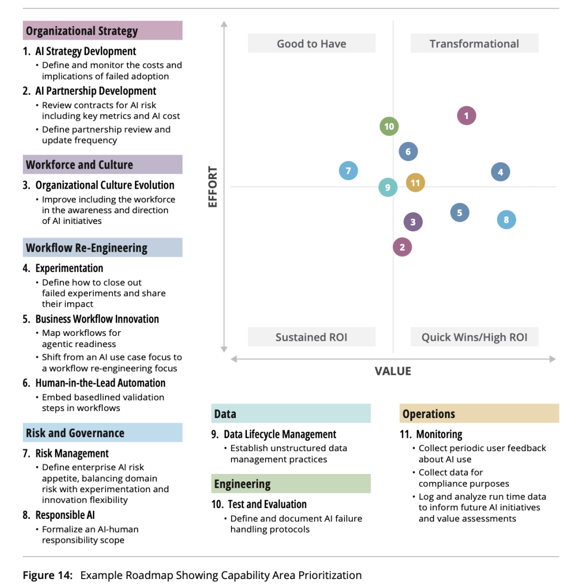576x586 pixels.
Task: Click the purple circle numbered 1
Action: pos(466,116)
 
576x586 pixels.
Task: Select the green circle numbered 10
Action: pos(389,126)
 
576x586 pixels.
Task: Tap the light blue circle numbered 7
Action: pos(348,171)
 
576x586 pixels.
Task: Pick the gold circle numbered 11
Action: pos(415,183)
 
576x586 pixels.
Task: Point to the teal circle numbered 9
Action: pos(388,187)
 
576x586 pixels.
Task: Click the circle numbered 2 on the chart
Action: pos(402,247)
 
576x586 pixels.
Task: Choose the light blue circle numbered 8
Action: pos(506,220)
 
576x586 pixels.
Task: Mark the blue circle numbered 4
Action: pos(500,172)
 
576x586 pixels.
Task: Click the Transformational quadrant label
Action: pos(474,43)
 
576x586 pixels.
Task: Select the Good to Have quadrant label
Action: pos(311,43)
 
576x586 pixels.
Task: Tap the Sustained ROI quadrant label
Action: pos(311,337)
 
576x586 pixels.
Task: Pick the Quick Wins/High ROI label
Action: pos(474,337)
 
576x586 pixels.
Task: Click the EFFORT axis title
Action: pos(212,187)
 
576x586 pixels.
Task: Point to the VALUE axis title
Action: pos(393,371)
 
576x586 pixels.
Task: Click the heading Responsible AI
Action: pos(65,515)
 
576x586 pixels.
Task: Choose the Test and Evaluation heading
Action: pos(267,504)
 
